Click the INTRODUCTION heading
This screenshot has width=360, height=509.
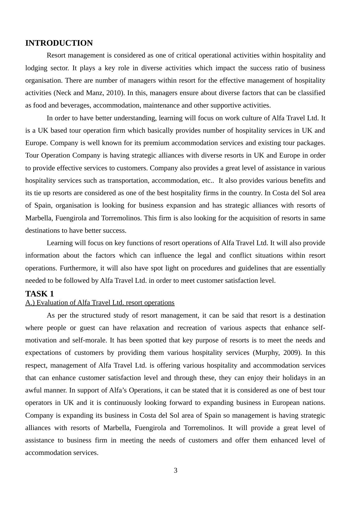[x=59, y=43]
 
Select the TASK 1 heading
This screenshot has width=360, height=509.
[x=39, y=294]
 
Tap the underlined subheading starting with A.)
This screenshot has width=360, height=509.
[x=100, y=303]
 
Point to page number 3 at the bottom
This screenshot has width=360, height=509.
[x=176, y=470]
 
